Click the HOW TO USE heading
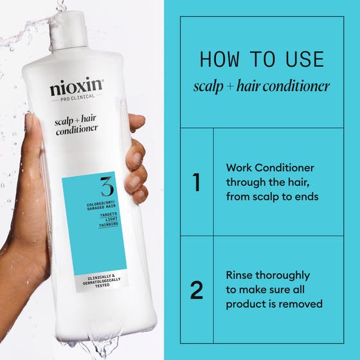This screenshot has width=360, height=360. pos(262,59)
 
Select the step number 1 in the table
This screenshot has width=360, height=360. pos(196,183)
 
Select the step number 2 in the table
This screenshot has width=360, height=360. pos(196,290)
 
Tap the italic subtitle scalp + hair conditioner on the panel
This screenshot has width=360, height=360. pos(262,86)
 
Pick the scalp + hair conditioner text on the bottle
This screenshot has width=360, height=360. pos(76,123)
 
